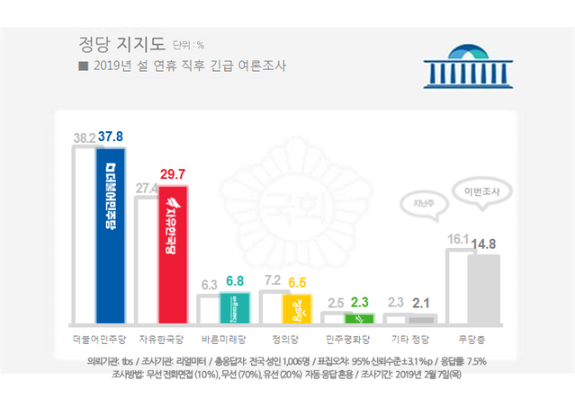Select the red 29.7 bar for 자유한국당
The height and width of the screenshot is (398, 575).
pos(173,254)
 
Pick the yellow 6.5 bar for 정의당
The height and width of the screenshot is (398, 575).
pos(296,308)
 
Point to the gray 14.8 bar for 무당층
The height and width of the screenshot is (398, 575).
pos(483,288)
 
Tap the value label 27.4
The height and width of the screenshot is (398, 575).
pos(145,187)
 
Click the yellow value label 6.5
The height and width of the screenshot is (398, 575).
pos(297,282)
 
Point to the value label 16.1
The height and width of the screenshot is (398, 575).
pos(458,240)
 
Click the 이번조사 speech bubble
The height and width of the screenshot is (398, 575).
pos(485,192)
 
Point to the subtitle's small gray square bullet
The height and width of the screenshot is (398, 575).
pos(83,66)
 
